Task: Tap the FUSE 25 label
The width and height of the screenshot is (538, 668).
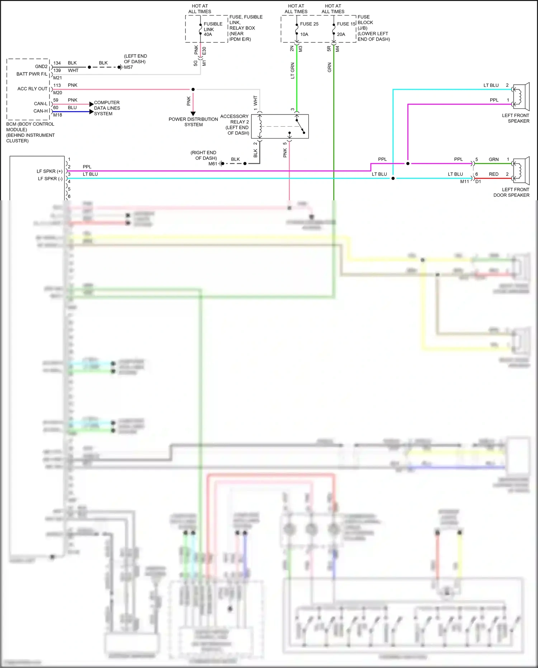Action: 309,24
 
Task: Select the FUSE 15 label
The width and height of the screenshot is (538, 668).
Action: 346,24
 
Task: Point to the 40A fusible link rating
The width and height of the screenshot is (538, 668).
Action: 208,34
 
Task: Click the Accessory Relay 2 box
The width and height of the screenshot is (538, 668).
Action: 280,126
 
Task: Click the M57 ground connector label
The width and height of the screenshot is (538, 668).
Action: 128,67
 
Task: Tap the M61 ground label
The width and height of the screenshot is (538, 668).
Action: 213,164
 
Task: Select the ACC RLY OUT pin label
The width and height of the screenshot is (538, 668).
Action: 32,89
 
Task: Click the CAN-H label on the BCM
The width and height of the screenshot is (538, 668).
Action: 41,111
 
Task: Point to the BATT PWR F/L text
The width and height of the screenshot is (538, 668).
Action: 32,74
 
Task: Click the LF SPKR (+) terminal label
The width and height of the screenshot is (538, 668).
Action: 49,171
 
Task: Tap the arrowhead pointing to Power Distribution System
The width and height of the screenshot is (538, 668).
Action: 193,113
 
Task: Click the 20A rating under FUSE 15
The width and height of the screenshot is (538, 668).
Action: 341,34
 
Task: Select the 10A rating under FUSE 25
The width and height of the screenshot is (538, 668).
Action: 304,34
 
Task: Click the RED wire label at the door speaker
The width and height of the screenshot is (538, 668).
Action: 494,174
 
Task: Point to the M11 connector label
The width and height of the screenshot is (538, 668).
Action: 464,182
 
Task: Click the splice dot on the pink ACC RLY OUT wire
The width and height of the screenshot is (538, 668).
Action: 193,89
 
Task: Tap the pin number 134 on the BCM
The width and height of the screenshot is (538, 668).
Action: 57,63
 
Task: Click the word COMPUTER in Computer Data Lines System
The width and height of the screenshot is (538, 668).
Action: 107,103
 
